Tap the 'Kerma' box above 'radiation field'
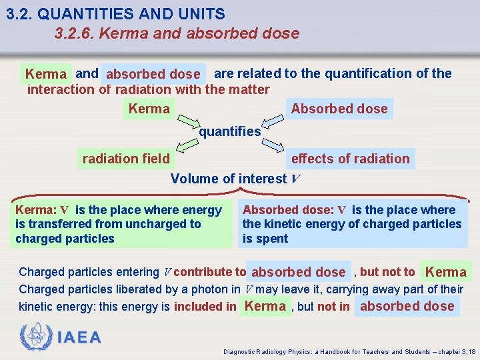pos(149,109)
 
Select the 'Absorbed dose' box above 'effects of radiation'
pos(339,109)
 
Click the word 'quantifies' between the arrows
pos(230,131)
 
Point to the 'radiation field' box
pos(126,159)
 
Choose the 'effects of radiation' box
pos(351,159)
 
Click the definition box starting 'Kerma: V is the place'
pos(120,224)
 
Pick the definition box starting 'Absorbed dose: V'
pos(353,224)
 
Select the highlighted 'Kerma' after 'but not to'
pos(446,272)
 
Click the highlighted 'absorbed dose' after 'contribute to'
pos(299,272)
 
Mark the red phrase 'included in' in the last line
pos(205,307)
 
